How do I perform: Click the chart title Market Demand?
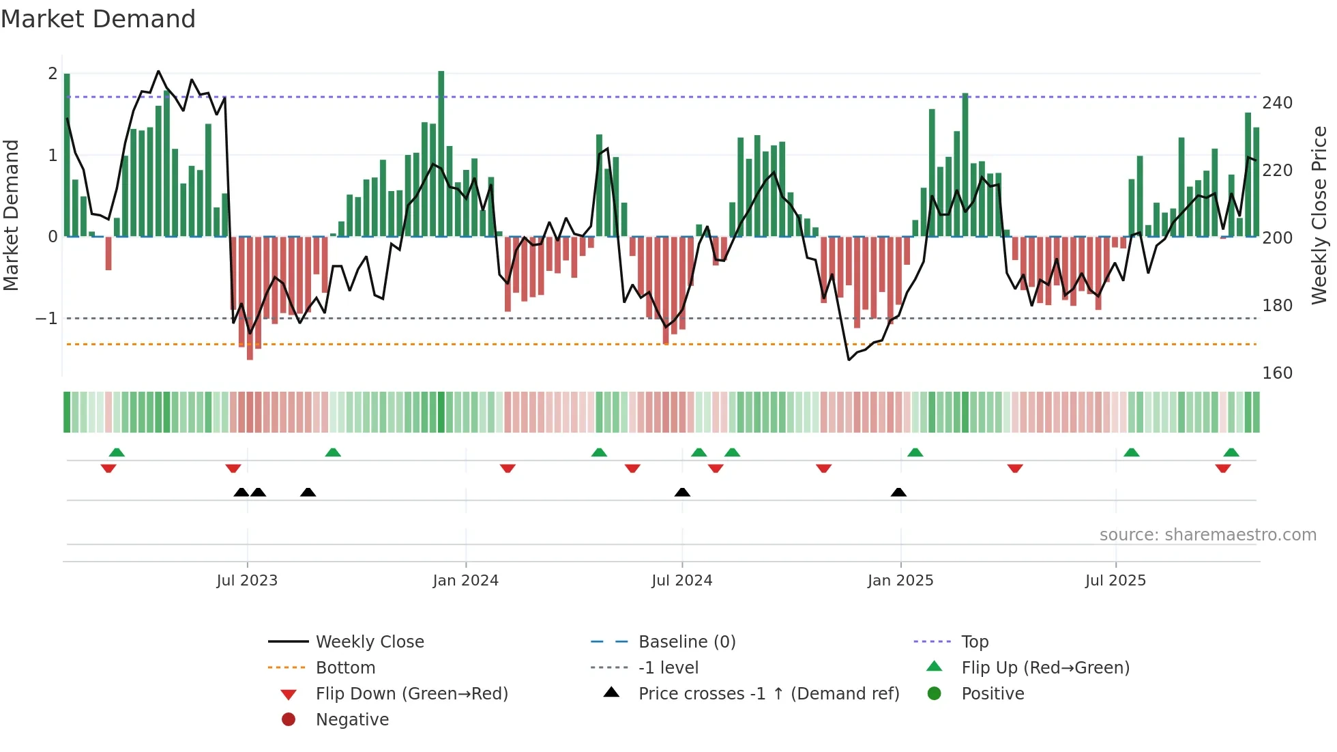pos(98,19)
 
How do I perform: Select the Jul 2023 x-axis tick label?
pos(247,581)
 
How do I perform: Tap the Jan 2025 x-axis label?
pos(900,581)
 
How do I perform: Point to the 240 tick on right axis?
pos(1277,103)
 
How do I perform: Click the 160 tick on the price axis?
pos(1277,373)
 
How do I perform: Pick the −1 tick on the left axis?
pos(46,319)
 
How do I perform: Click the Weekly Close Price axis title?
pos(1319,215)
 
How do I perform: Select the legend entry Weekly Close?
pos(369,642)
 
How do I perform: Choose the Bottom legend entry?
pos(345,668)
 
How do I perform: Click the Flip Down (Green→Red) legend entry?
pos(411,694)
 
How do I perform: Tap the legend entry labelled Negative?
pos(352,720)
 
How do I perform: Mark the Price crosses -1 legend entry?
pos(768,694)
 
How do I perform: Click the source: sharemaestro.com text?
pos(1207,535)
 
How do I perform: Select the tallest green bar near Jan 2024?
pos(441,154)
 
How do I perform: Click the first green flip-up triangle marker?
pos(117,452)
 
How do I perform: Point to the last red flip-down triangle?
pos(1222,468)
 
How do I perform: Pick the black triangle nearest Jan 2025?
pos(898,492)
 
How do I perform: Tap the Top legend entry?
pos(975,642)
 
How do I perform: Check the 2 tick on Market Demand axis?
pos(53,74)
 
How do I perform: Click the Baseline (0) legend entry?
pos(686,642)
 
